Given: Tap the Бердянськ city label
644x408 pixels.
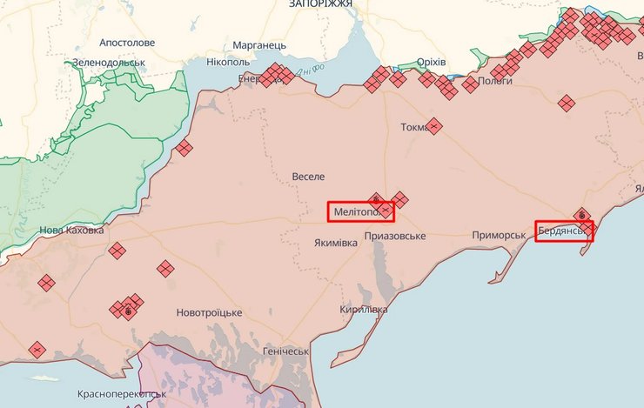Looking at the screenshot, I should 562,231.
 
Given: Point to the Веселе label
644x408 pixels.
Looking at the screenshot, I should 308,177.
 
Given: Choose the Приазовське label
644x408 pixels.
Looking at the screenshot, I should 395,237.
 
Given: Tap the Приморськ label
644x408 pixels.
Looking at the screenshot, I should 499,236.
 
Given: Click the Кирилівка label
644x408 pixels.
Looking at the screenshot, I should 363,310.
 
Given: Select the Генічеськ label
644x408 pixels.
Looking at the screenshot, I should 285,351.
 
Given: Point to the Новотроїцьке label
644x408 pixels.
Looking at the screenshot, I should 209,312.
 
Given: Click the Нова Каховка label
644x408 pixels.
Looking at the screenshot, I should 71,231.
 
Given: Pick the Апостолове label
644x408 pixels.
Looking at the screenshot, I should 127,42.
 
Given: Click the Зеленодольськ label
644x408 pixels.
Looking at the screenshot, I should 109,63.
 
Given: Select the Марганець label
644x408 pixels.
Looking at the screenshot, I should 259,45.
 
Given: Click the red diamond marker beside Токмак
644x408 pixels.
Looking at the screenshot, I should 434,126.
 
